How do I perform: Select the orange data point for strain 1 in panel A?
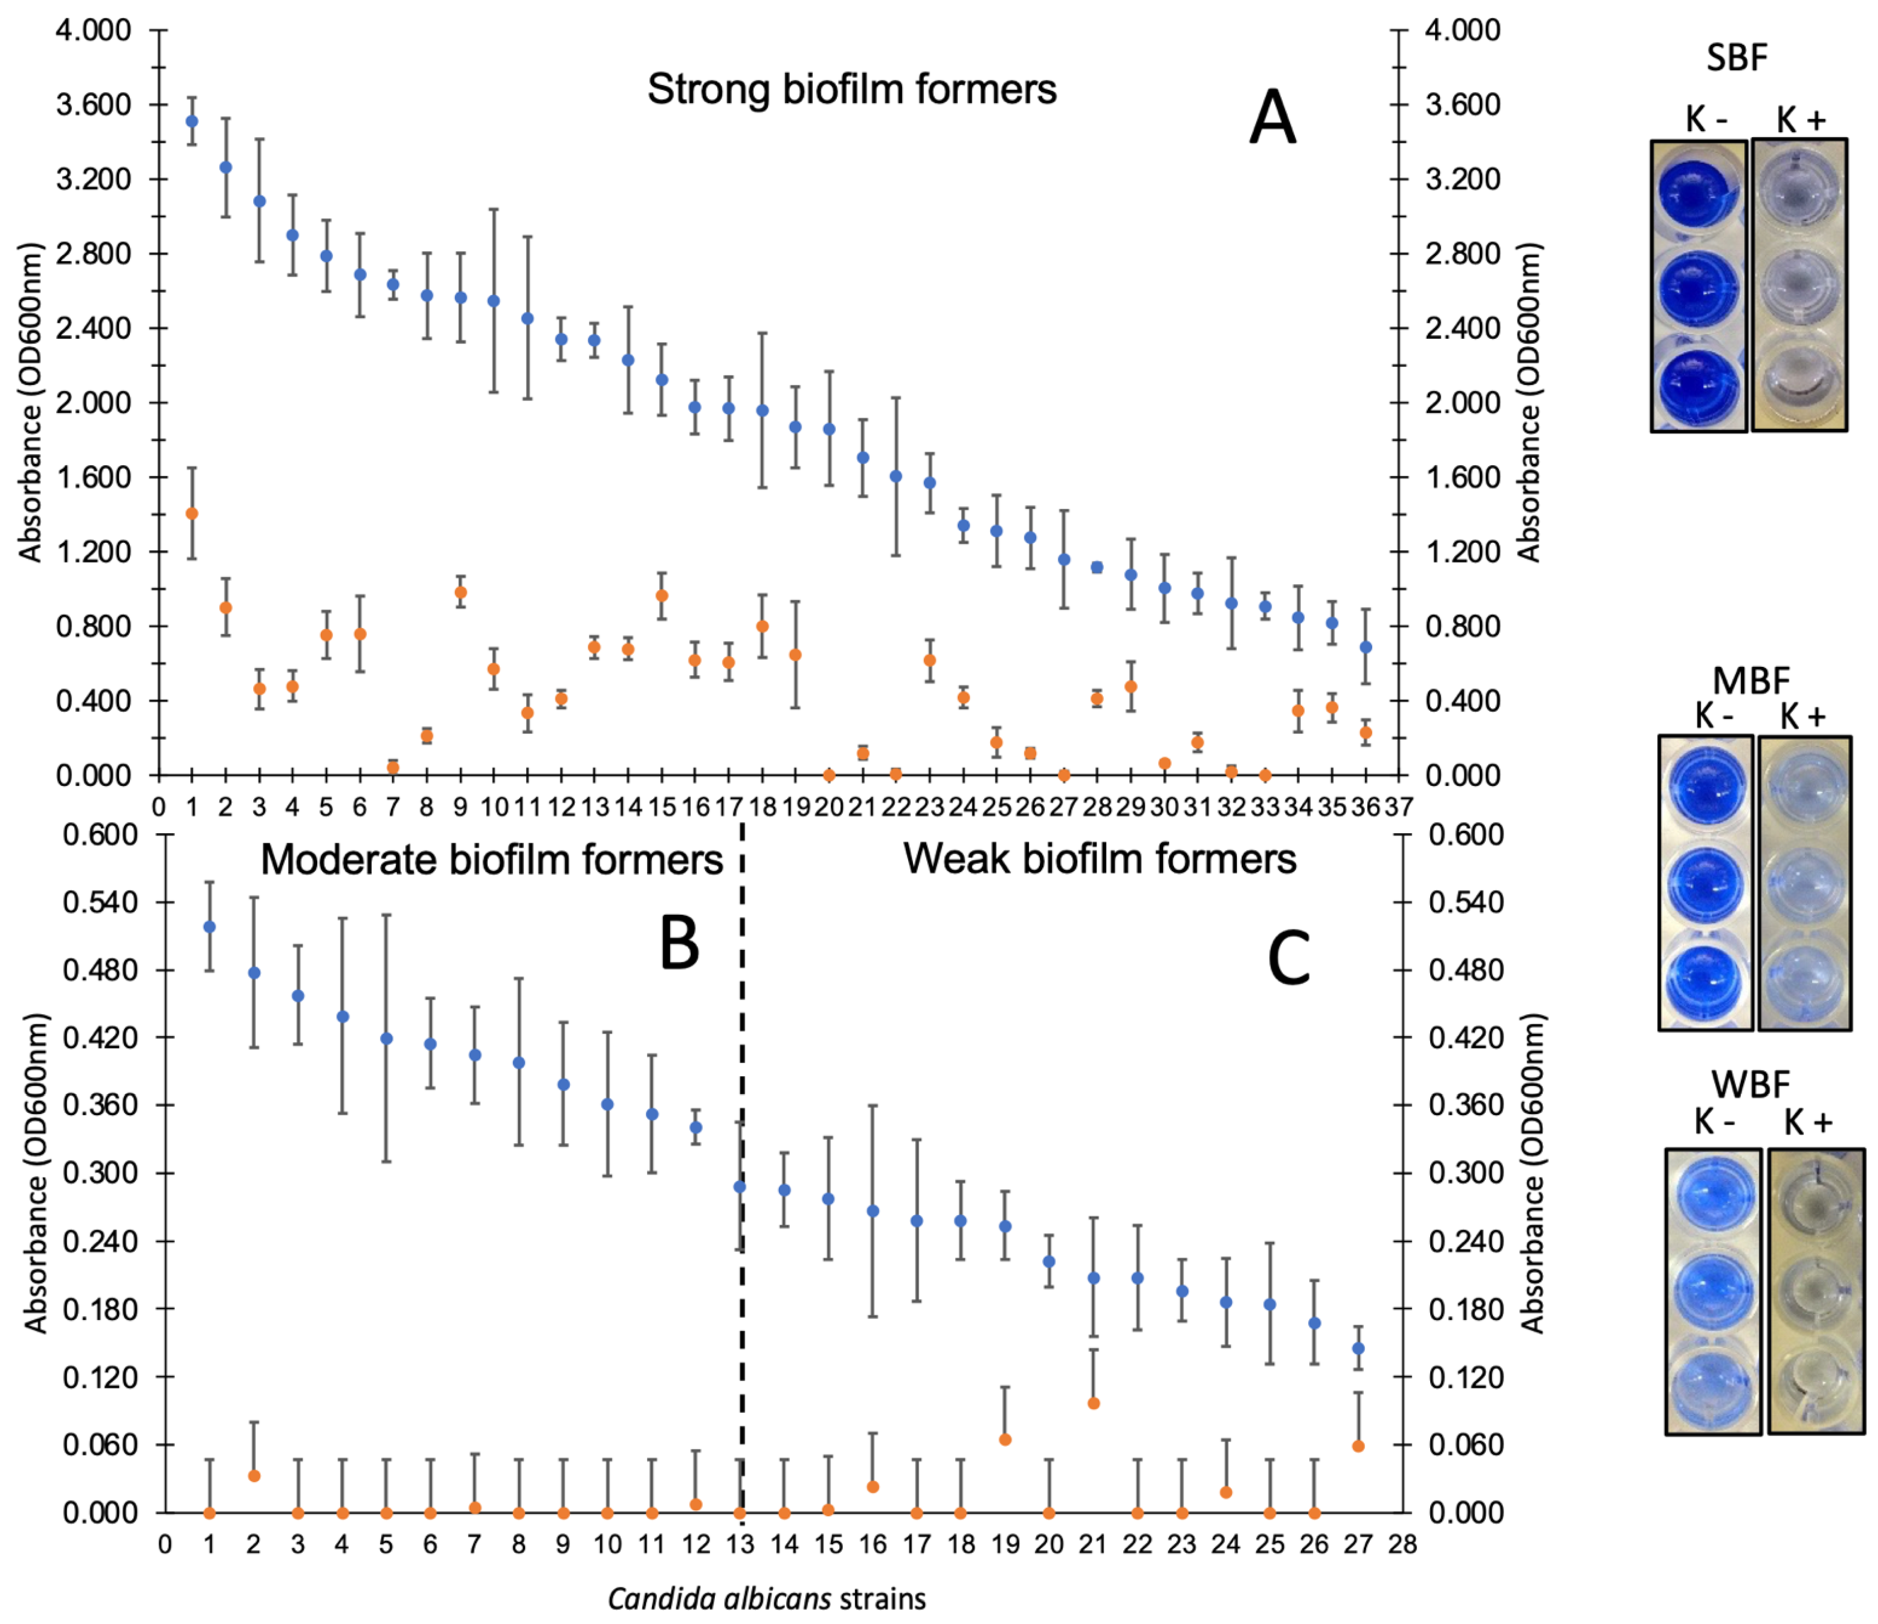coord(191,514)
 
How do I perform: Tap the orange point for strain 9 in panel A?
coord(460,593)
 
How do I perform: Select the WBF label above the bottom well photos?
coord(1751,1085)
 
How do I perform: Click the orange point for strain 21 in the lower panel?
coord(1093,1404)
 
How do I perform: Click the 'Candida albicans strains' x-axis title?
coord(767,1598)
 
